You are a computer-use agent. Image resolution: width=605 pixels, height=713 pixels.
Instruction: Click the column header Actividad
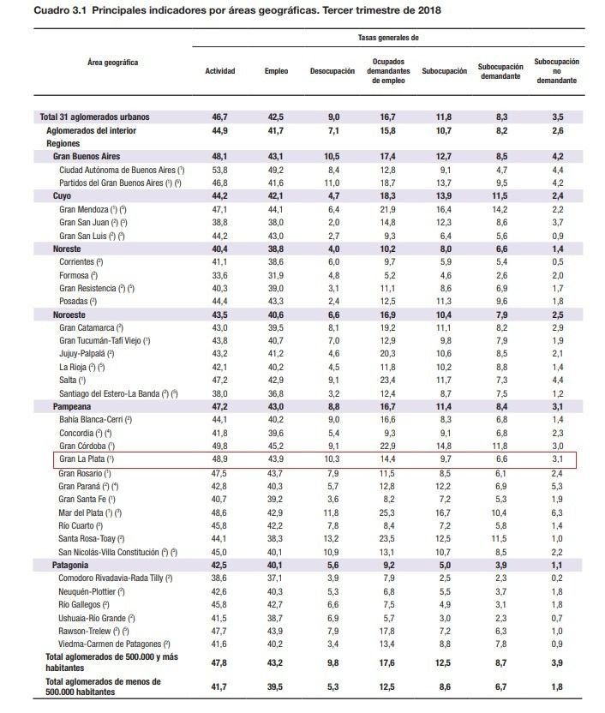(219, 71)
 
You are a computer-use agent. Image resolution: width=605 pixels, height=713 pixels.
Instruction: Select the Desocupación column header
(332, 71)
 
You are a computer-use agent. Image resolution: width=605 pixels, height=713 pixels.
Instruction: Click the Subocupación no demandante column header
(556, 71)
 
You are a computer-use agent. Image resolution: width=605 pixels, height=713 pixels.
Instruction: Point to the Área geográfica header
(112, 63)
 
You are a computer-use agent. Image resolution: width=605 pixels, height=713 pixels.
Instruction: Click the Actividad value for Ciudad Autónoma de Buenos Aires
(220, 170)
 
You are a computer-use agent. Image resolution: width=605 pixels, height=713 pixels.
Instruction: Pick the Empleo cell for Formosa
(275, 275)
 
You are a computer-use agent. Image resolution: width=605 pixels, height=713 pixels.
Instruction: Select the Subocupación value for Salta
(443, 380)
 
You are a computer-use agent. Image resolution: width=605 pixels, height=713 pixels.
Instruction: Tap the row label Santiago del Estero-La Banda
(118, 393)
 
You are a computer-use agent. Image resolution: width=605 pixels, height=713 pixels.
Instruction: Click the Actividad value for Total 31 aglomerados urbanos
(220, 116)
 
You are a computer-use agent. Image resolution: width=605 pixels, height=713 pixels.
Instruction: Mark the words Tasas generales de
(388, 38)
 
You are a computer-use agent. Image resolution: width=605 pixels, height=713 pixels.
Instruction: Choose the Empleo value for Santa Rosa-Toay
(275, 538)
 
